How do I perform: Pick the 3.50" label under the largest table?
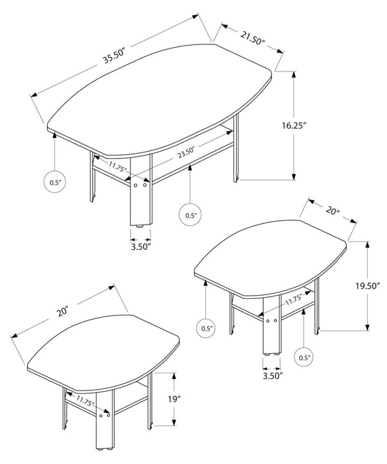(140, 247)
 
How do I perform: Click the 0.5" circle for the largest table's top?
(54, 182)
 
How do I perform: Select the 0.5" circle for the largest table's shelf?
(191, 215)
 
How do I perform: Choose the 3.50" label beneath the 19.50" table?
(271, 377)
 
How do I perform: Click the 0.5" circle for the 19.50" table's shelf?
(304, 358)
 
